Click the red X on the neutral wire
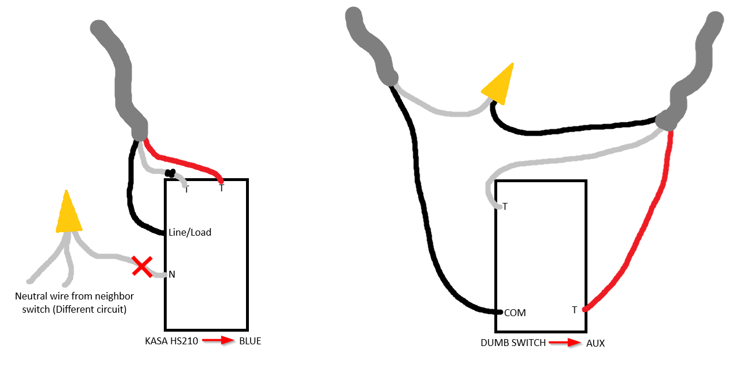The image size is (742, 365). [142, 266]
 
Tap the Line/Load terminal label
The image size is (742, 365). [190, 232]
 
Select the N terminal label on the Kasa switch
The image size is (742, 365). [172, 274]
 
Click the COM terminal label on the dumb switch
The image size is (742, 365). [515, 313]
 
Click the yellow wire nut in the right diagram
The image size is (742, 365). [498, 84]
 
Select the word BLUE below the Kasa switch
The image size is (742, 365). [250, 341]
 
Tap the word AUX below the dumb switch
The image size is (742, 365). [595, 343]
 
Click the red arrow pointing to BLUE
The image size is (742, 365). [218, 340]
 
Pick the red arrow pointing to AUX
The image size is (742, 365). [565, 343]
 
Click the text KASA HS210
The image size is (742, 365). [171, 341]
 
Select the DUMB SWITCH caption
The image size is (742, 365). [513, 343]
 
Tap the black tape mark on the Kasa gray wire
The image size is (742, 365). [170, 173]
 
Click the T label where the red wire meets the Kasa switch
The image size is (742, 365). [222, 188]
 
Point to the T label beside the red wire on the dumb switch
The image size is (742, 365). [574, 310]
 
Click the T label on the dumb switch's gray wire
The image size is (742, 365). [505, 207]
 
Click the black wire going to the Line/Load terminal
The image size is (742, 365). [130, 199]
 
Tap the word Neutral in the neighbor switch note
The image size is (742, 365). [30, 296]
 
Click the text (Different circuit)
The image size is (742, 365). [90, 309]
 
